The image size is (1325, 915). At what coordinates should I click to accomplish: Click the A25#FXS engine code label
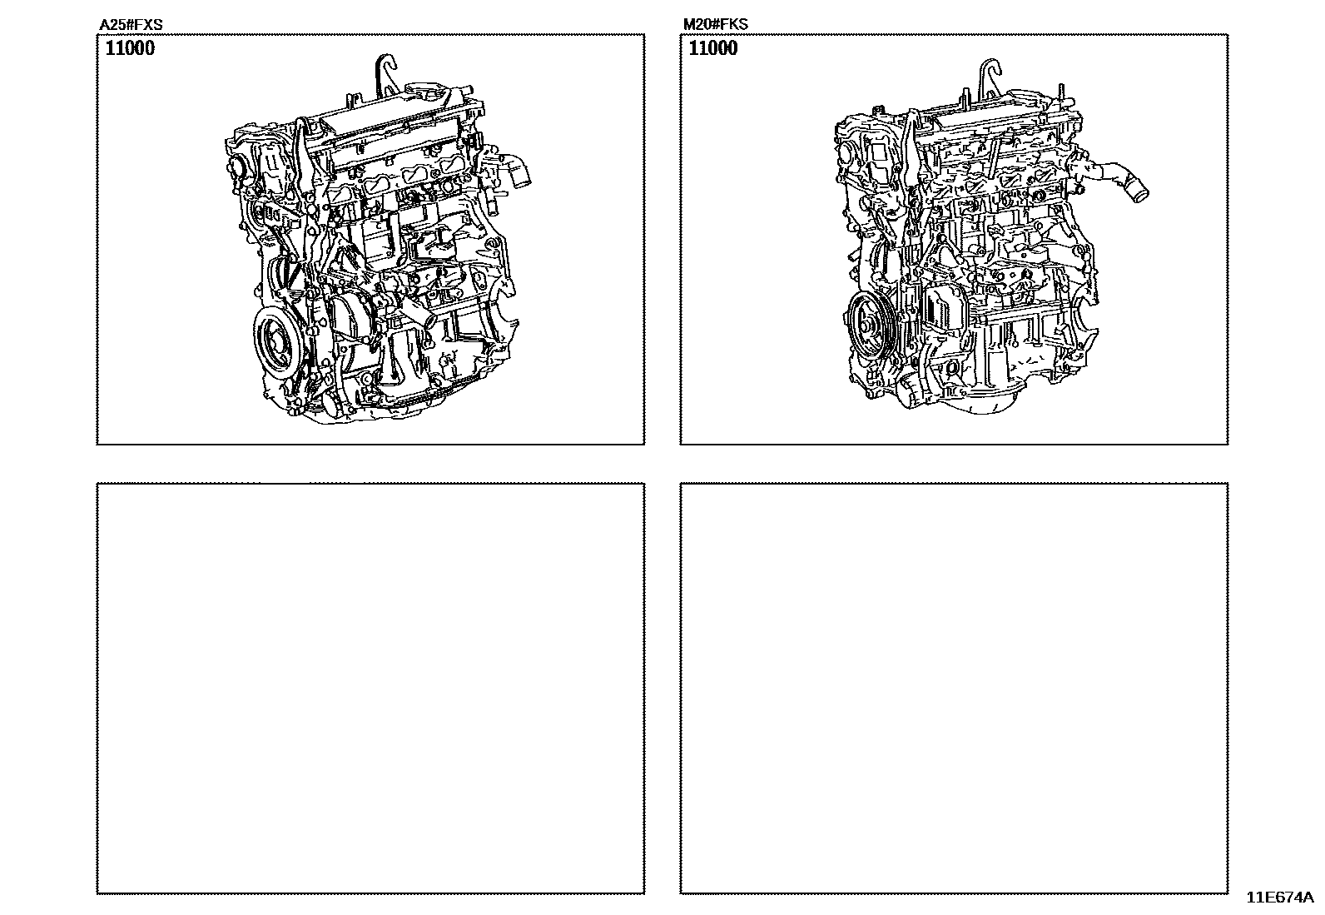[x=131, y=25]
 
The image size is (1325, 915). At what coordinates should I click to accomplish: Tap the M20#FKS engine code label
[x=715, y=24]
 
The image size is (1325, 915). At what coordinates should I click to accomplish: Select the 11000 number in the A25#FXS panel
[x=130, y=48]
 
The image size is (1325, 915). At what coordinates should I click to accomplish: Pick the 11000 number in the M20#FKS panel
[x=712, y=48]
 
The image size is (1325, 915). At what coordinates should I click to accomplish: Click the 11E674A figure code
[x=1280, y=898]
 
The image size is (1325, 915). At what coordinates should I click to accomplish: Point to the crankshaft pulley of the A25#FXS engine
[x=277, y=345]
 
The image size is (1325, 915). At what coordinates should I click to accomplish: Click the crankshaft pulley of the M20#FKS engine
[x=869, y=325]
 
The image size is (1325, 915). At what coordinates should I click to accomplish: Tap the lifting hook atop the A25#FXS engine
[x=385, y=76]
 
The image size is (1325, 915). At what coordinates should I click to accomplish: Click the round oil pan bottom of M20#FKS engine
[x=982, y=402]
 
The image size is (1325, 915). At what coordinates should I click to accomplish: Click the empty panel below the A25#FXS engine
[x=371, y=689]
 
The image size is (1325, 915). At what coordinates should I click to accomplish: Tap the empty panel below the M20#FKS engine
[x=954, y=689]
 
